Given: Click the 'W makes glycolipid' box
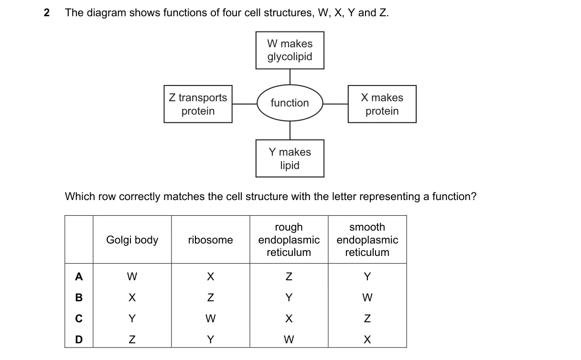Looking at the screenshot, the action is coord(290,50).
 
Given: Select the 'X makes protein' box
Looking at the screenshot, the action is coord(382,104).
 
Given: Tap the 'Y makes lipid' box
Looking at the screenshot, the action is coord(290,159).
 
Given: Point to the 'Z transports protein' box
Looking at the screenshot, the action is coord(198,104).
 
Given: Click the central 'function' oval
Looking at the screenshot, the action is coord(290,103).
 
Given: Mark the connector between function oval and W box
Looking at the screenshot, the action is coord(290,77).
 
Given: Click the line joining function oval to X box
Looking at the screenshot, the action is coord(335,104).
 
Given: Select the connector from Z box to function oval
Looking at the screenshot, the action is coord(245,104).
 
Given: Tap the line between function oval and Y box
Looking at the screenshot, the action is coord(290,130).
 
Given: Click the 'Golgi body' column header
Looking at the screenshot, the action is coord(132,240).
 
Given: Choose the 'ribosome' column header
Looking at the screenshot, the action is coord(210,240).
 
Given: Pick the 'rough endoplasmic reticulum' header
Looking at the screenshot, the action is coord(289,240).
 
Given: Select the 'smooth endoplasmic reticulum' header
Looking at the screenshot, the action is coord(367,240).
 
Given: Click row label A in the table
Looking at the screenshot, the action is coord(79,276).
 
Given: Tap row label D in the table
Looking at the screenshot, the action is coord(79,339).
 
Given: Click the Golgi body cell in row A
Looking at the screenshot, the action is coord(132,276).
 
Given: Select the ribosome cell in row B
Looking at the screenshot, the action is coord(210,297).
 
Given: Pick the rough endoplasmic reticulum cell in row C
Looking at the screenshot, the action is coord(289,318).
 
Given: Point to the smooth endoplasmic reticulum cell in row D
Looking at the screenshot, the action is coord(367,339).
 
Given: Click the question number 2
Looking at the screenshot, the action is coord(47,12).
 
